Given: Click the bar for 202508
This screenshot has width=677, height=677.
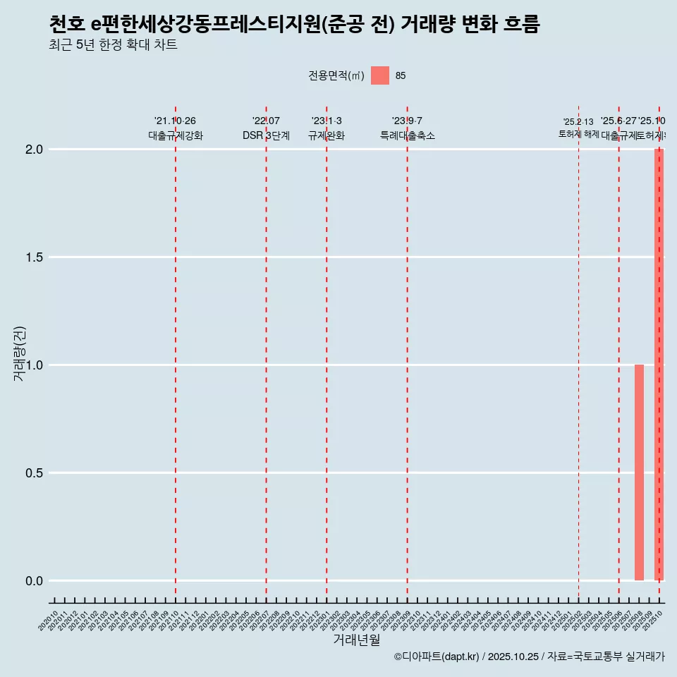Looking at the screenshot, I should tap(639, 472).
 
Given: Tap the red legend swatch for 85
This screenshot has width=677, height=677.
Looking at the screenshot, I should tap(380, 75).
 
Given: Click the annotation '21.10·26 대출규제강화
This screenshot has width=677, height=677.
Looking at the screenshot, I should tap(175, 128).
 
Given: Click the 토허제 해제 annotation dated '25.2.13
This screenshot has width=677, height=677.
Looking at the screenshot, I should tap(578, 128).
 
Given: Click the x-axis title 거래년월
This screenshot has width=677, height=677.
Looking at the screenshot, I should tap(356, 640).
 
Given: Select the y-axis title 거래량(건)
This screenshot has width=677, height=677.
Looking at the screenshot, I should tap(19, 353).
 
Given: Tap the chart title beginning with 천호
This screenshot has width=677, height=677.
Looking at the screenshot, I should tap(294, 25).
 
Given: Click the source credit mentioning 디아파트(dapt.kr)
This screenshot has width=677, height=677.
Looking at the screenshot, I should tap(529, 657).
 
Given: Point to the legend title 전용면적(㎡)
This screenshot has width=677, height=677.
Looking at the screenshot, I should tap(336, 75).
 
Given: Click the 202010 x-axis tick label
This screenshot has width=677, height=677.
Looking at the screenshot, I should tap(49, 622).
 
